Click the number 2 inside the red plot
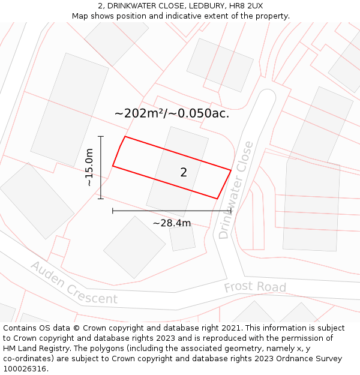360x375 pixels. [x=184, y=173]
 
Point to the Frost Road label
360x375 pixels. [x=255, y=287]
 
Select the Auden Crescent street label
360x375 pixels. [x=74, y=283]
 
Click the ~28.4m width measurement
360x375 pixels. [x=172, y=223]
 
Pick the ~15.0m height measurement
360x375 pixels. [x=89, y=167]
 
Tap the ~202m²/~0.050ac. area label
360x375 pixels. [x=172, y=113]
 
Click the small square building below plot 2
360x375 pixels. [x=182, y=238]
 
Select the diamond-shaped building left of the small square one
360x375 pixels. [x=134, y=247]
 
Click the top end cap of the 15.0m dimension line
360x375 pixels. [x=101, y=137]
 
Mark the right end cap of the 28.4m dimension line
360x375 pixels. [x=231, y=211]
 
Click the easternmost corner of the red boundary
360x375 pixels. [x=231, y=170]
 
